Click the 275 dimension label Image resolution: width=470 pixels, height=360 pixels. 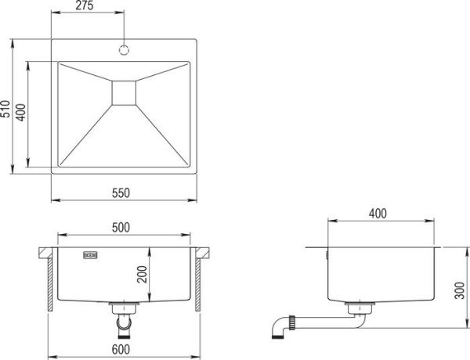(85, 5)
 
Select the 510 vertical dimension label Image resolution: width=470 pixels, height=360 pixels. (5, 109)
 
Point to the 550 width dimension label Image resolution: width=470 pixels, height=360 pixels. (121, 193)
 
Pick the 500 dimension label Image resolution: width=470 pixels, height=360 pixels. (121, 228)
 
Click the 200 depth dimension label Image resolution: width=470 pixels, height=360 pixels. (142, 275)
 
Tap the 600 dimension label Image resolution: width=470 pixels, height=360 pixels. (121, 350)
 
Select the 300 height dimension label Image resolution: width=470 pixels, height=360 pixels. (460, 290)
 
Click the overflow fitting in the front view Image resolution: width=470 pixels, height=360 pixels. (90, 255)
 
